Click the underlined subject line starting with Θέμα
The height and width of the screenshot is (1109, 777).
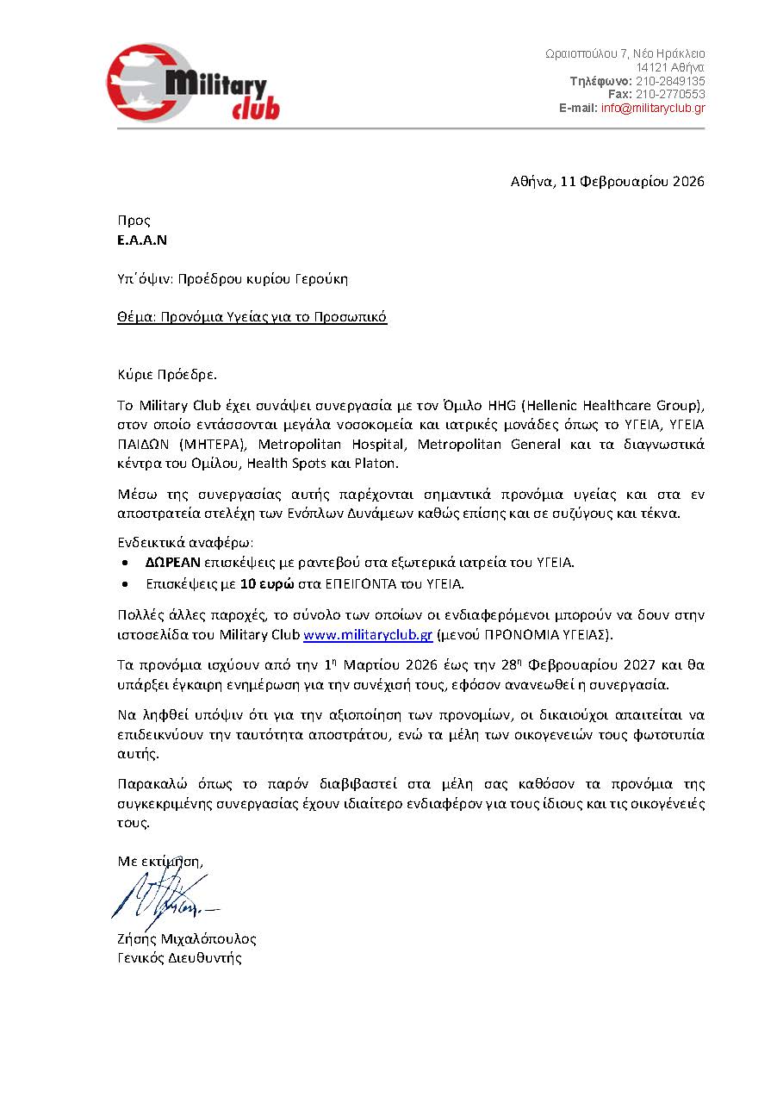point(252,317)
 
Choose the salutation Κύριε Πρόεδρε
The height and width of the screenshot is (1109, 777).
point(167,374)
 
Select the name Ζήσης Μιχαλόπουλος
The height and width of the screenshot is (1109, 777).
point(187,939)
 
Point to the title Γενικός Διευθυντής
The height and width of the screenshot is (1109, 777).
point(179,958)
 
